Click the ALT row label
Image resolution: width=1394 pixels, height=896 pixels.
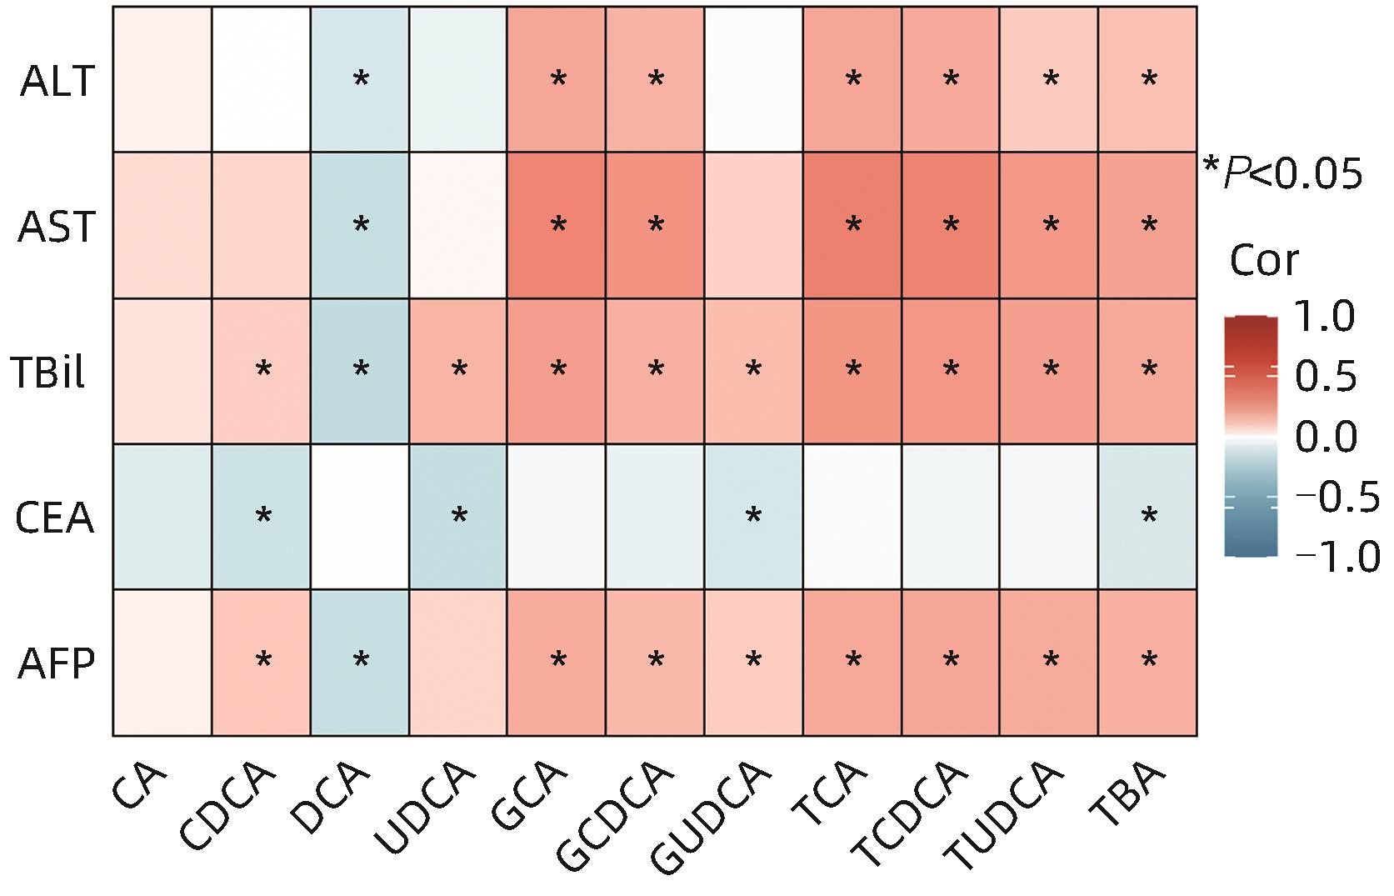(x=57, y=81)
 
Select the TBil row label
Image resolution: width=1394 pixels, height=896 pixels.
(x=49, y=372)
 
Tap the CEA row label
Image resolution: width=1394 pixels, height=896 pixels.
(x=55, y=518)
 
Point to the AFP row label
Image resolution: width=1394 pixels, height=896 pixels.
(x=56, y=664)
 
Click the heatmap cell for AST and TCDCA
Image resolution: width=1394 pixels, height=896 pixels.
(x=951, y=225)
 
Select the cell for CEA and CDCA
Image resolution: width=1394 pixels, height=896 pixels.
(x=262, y=517)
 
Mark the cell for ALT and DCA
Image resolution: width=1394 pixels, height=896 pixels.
(x=360, y=79)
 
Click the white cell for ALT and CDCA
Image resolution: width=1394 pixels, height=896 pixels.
(x=262, y=79)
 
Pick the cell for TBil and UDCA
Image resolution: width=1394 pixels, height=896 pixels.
(x=458, y=371)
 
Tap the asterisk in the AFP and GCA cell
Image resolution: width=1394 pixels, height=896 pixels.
(x=558, y=661)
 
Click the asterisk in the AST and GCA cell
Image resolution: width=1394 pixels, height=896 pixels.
(x=558, y=224)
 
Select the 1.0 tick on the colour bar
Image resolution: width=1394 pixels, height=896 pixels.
(x=1325, y=318)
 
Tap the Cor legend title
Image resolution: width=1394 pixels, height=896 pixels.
(x=1264, y=261)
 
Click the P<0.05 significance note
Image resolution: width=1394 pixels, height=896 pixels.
(x=1284, y=173)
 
